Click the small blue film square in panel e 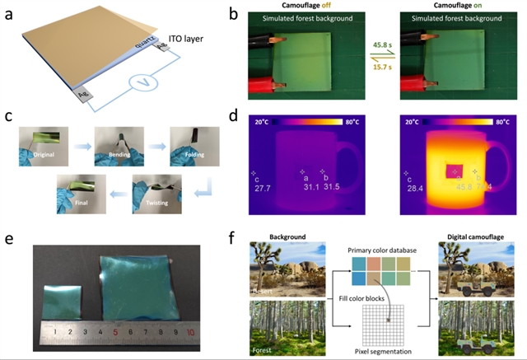coord(63,300)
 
